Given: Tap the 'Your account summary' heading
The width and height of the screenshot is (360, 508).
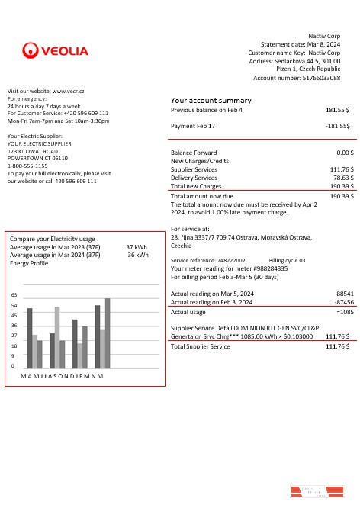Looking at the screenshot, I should [211, 101].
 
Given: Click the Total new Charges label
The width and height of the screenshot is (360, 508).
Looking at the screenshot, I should [196, 186].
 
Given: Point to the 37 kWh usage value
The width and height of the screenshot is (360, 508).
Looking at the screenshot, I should [137, 247].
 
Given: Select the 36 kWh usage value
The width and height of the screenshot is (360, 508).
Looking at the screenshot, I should [137, 255].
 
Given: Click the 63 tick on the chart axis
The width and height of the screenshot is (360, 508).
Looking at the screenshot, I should [14, 294].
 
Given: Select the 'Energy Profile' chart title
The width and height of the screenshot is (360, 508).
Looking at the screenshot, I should [29, 263].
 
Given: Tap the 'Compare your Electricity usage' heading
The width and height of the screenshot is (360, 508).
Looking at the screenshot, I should [52, 239].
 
